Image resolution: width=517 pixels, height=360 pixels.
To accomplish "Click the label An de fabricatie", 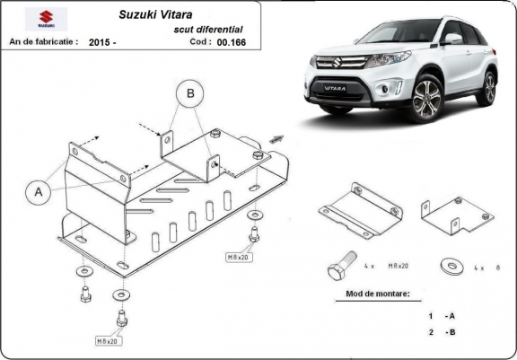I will coord(43,42).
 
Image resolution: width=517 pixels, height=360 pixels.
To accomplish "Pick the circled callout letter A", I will coord(39,191).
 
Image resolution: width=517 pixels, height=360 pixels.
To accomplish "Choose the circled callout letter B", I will coord(190,92).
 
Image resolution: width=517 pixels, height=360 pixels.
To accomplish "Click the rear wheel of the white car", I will coord(489,88).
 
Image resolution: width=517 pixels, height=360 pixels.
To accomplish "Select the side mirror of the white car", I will coord(455,40).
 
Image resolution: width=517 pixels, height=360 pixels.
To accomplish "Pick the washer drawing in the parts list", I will coord(448,266).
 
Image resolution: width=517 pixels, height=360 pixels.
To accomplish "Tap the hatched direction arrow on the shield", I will coord(276,140).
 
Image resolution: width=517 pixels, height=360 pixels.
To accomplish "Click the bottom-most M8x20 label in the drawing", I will coord(108,341).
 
